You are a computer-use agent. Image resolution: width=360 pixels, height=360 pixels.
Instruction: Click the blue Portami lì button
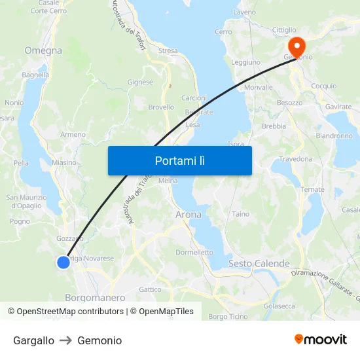179,160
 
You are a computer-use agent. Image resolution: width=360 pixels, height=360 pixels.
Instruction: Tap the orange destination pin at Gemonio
296,46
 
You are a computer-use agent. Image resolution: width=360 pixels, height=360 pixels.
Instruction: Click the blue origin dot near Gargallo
63,262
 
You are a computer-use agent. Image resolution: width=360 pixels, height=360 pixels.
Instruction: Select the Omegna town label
43,50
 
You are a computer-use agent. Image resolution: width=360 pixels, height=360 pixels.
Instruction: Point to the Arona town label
189,214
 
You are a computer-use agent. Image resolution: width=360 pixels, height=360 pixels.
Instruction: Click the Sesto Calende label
259,263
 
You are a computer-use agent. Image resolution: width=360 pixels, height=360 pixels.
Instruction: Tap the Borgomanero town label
95,297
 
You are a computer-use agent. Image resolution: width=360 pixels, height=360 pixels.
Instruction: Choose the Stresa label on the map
168,50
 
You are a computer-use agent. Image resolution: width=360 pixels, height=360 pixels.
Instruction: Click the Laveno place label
245,12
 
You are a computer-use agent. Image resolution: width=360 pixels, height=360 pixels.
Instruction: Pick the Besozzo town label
289,103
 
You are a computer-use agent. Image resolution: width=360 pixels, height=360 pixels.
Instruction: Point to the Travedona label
296,159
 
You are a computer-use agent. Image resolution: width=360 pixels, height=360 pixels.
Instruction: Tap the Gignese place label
140,82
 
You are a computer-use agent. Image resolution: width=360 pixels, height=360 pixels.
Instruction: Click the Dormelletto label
194,252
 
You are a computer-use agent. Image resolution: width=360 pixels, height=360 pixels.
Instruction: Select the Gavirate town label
338,107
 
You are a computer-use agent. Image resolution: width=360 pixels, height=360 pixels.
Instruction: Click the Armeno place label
73,135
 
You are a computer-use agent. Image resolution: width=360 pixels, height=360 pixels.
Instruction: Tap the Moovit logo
320,340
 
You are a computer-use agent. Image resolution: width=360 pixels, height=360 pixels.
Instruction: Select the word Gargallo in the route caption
33,340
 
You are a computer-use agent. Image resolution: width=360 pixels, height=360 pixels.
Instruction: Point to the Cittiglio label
284,30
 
